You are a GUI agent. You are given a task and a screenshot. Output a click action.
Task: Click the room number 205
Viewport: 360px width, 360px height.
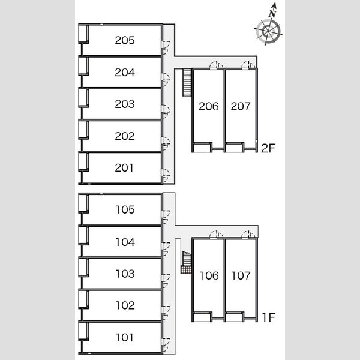(x=125, y=40)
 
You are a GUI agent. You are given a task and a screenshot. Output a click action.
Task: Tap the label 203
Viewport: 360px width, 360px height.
(x=125, y=104)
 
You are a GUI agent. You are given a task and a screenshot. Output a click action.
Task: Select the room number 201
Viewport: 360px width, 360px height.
(x=124, y=168)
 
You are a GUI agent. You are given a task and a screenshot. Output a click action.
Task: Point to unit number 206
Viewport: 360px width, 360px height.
(x=208, y=106)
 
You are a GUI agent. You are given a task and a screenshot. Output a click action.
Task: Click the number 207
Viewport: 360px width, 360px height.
(x=241, y=106)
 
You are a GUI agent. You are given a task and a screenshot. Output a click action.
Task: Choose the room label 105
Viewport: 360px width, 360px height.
(x=125, y=209)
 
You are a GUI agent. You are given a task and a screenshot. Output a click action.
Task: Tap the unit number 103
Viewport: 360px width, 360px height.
(x=125, y=274)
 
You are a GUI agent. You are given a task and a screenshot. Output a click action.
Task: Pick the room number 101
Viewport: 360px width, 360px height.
(x=124, y=337)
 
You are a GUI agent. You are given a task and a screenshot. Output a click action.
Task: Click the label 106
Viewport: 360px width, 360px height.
(x=209, y=275)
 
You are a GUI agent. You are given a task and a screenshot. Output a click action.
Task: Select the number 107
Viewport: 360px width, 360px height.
(x=241, y=275)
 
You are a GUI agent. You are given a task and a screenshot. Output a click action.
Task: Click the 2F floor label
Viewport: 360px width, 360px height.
(x=268, y=148)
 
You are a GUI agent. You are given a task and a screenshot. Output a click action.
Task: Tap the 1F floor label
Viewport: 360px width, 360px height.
(x=269, y=317)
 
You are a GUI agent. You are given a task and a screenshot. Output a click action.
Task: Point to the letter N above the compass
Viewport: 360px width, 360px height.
(x=273, y=13)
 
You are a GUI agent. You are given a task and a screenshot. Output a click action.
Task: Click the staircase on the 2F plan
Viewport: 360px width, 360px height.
(x=187, y=82)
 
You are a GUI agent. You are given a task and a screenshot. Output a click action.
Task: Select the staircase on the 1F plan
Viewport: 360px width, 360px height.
(x=186, y=263)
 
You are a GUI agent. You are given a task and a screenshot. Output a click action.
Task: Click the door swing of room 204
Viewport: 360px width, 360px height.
(x=166, y=79)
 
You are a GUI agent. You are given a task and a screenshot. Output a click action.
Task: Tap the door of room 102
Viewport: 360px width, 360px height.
(x=166, y=313)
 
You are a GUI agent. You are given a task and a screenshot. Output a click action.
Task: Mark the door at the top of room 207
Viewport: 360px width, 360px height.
(x=248, y=65)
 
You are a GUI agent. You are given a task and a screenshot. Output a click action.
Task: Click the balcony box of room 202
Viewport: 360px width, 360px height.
(x=83, y=130)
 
